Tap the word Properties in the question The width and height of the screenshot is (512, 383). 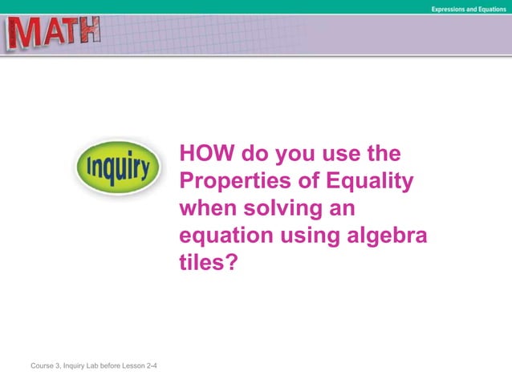(230, 181)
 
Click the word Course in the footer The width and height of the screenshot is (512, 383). (43, 366)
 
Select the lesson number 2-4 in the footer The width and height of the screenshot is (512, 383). (151, 366)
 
